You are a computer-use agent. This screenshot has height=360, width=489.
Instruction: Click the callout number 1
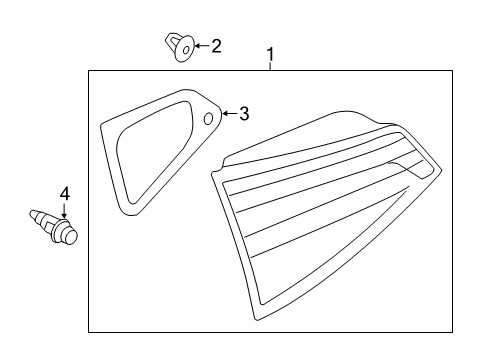pos(271,54)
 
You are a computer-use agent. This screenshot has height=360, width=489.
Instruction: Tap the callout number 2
pos(216,46)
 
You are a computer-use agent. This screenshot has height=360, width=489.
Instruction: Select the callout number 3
pos(244,114)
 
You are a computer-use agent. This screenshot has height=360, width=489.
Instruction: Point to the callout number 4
pos(65,194)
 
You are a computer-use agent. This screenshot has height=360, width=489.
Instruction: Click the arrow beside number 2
pos(202,46)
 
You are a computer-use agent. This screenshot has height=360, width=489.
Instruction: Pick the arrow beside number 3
pos(230,114)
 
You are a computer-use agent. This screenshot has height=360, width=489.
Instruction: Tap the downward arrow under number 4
pos(64,211)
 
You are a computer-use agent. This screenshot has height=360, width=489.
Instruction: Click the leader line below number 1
pos(271,67)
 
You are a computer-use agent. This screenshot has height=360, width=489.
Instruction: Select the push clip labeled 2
pos(180,47)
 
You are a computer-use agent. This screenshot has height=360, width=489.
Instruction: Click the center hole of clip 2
pos(186,50)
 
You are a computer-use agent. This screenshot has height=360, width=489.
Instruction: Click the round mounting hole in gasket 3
pos(208,118)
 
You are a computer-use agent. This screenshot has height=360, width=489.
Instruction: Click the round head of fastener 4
pos(70,235)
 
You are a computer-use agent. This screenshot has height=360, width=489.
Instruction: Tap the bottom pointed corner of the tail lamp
pos(257,320)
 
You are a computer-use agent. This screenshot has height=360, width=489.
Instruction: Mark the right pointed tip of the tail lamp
pos(441,170)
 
